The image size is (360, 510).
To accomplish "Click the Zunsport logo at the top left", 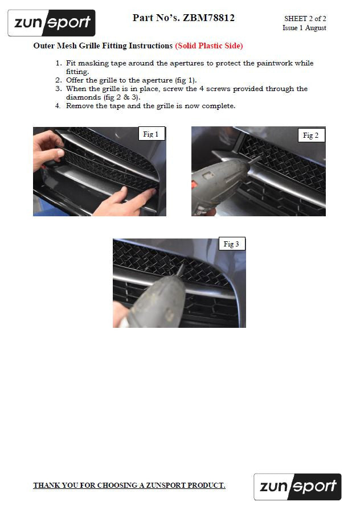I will tap(51, 23).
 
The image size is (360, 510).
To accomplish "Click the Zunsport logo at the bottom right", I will tap(297, 487).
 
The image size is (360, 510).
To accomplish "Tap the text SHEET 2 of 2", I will tap(305, 19).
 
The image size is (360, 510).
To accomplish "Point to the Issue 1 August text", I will tap(304, 28).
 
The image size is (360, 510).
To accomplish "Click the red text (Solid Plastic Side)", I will tap(208, 46).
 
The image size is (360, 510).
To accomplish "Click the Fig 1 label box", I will tap(151, 134).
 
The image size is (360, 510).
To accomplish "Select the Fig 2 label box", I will tap(310, 135).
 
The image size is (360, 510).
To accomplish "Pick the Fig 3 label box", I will tap(231, 244).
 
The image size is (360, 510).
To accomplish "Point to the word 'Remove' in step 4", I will tap(80, 106).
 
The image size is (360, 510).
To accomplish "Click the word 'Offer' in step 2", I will tap(76, 80).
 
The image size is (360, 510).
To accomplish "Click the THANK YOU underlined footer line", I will tap(129, 486).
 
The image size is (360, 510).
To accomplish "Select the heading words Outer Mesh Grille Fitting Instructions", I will tap(103, 46).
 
